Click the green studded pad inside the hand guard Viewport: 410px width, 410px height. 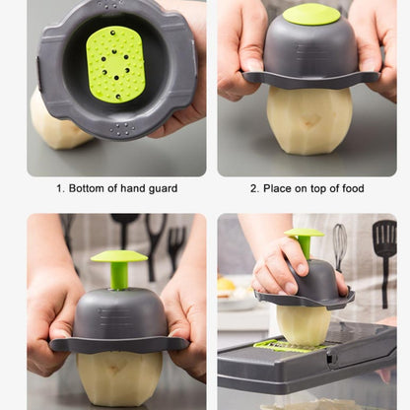click(x=115, y=65)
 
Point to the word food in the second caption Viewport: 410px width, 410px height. click(x=353, y=188)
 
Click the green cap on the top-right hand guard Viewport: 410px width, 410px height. click(x=311, y=14)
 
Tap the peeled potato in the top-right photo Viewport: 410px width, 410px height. click(x=309, y=120)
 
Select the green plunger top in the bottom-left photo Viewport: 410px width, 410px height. click(x=119, y=256)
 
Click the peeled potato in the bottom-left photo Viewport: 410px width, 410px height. click(x=119, y=377)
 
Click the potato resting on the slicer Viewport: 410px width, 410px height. click(x=304, y=325)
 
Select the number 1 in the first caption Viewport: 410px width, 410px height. click(x=59, y=188)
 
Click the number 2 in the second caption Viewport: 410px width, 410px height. click(x=254, y=188)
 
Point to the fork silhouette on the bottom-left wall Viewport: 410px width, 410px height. click(x=176, y=248)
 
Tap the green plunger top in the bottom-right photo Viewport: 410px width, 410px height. click(x=305, y=233)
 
